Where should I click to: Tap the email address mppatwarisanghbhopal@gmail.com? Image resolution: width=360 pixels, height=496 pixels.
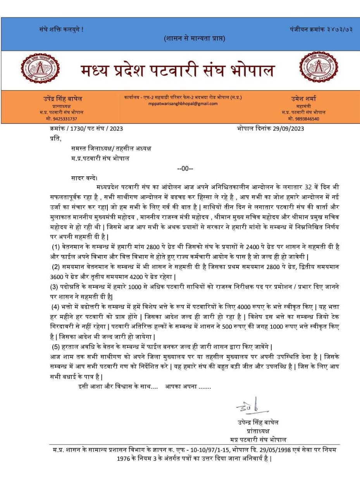click(183, 103)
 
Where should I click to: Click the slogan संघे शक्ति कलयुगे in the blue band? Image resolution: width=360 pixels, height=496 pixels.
click(61, 29)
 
